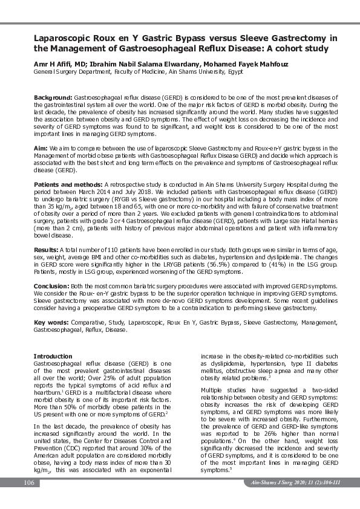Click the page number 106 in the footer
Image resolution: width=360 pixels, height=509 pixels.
click(x=28, y=482)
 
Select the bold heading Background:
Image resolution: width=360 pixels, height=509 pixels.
click(x=53, y=97)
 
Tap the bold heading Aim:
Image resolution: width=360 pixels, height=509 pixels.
click(x=41, y=148)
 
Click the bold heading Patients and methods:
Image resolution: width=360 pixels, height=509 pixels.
click(x=68, y=184)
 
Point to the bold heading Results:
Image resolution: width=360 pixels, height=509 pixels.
click(x=47, y=249)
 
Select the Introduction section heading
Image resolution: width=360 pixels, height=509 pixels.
click(x=53, y=356)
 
